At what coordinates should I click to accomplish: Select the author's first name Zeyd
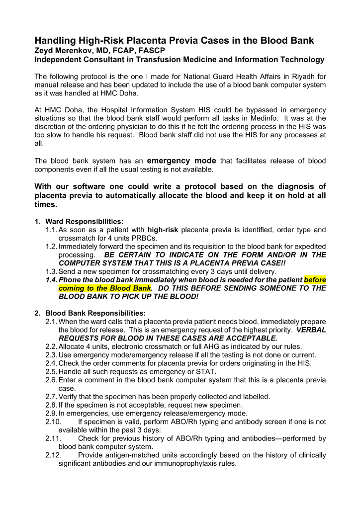45,50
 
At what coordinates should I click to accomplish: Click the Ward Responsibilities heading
84,221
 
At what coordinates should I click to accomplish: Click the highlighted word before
315,280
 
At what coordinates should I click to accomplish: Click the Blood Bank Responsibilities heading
95,313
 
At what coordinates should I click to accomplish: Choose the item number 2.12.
53,455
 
